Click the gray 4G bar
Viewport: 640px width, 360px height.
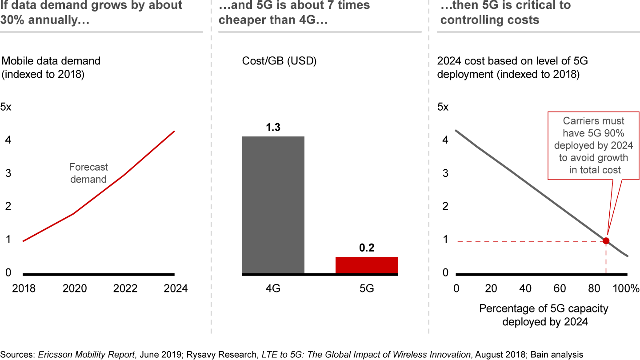[x=273, y=204]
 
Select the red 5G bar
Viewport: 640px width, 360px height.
[x=367, y=265]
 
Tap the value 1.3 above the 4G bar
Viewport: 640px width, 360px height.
[x=273, y=128]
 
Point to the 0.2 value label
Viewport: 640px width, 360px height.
[x=367, y=248]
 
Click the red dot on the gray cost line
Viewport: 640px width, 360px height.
[x=605, y=241]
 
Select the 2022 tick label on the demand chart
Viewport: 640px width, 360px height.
[x=125, y=288]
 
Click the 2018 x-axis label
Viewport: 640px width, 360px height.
[x=24, y=288]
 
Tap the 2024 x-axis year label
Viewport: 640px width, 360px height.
[x=176, y=288]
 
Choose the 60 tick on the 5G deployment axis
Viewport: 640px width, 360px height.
[x=560, y=289]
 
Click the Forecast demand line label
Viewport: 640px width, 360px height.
[x=88, y=173]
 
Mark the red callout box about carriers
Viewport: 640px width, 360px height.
[x=593, y=145]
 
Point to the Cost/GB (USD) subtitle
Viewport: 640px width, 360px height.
[x=279, y=61]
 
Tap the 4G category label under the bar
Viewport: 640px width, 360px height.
[x=273, y=288]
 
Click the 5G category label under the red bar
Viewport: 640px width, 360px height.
[x=367, y=288]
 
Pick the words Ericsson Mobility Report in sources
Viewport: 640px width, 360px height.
[x=86, y=354]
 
